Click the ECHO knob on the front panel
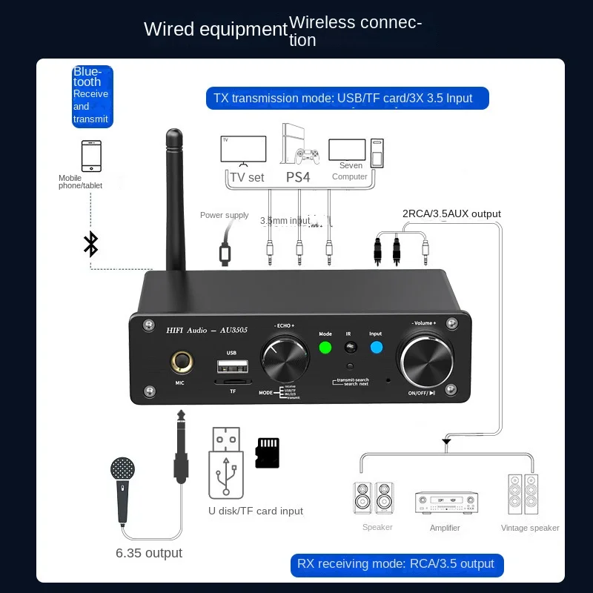(x=284, y=360)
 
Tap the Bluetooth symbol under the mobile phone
(x=90, y=243)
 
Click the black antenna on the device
(x=174, y=200)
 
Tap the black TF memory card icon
(x=267, y=452)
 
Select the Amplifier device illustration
(x=445, y=503)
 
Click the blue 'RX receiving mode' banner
(x=396, y=564)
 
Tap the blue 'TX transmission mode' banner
(x=348, y=98)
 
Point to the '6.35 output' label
(x=149, y=553)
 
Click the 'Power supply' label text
(x=225, y=216)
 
